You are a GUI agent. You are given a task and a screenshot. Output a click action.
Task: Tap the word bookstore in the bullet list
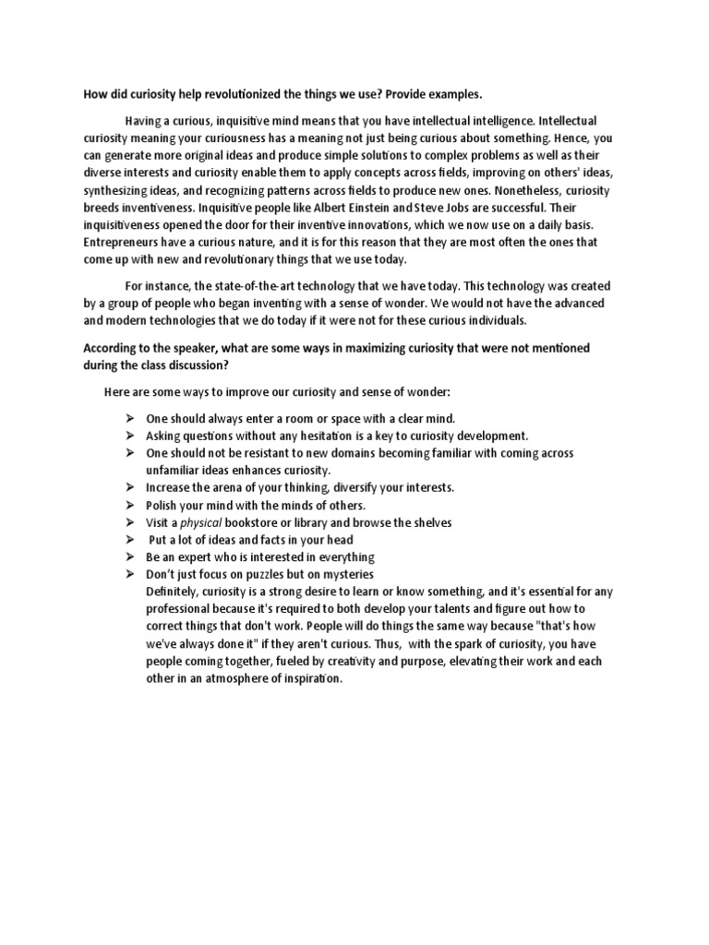click(264, 522)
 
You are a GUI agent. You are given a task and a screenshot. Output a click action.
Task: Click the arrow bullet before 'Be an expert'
click(130, 557)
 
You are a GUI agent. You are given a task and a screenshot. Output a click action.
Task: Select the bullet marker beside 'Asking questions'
click(130, 436)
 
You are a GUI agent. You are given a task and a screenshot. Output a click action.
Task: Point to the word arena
click(234, 487)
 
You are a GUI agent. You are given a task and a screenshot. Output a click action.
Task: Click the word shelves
click(427, 522)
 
